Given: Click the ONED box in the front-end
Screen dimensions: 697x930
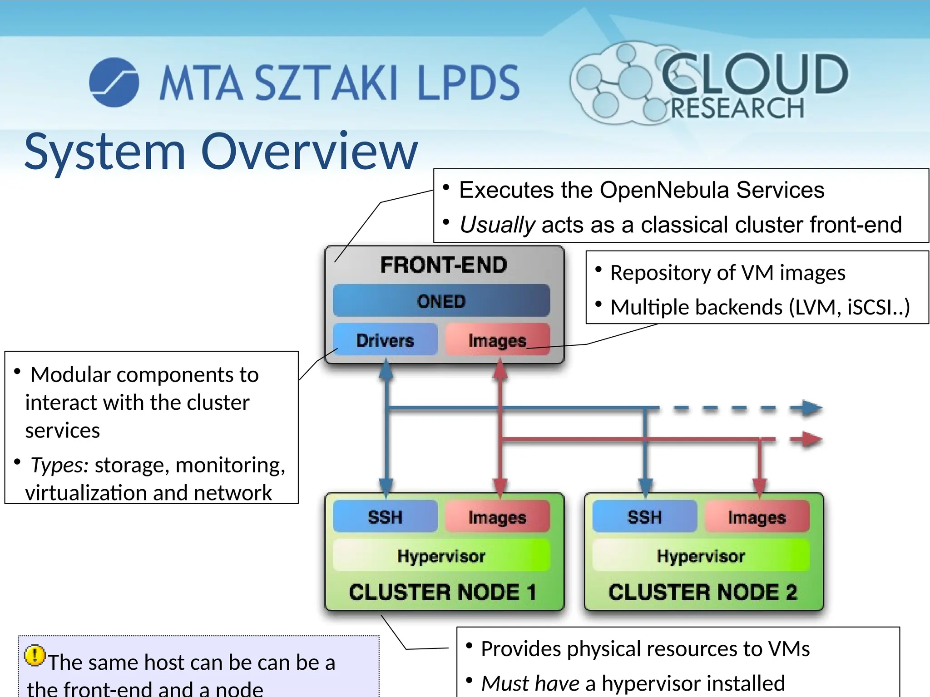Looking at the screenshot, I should (x=441, y=301).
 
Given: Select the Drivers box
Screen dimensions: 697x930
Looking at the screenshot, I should (x=385, y=340).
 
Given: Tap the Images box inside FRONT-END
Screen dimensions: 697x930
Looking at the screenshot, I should (x=497, y=340).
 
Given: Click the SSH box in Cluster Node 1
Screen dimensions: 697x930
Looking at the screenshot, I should (x=385, y=517).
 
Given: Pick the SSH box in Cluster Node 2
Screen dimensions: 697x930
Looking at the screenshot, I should (x=644, y=517).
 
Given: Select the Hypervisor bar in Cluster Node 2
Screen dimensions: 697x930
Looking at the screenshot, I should (x=701, y=556).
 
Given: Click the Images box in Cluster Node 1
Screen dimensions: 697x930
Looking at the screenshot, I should (x=497, y=517).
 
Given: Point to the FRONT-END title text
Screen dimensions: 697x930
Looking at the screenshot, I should (x=444, y=265).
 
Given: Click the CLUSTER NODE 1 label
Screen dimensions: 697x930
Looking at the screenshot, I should (x=443, y=592).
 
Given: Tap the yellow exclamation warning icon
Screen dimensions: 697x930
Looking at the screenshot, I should (x=35, y=656).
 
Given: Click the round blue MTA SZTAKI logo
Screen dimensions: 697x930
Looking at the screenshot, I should (x=114, y=82).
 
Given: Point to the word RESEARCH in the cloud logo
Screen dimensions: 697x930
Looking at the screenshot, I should (x=737, y=108).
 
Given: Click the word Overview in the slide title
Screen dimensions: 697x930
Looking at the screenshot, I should (x=309, y=152).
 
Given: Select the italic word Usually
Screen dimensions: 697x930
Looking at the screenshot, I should (x=498, y=225).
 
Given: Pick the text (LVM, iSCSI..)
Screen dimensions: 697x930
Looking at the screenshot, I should (x=849, y=307).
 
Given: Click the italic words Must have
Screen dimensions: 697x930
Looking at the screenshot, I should (x=530, y=683).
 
